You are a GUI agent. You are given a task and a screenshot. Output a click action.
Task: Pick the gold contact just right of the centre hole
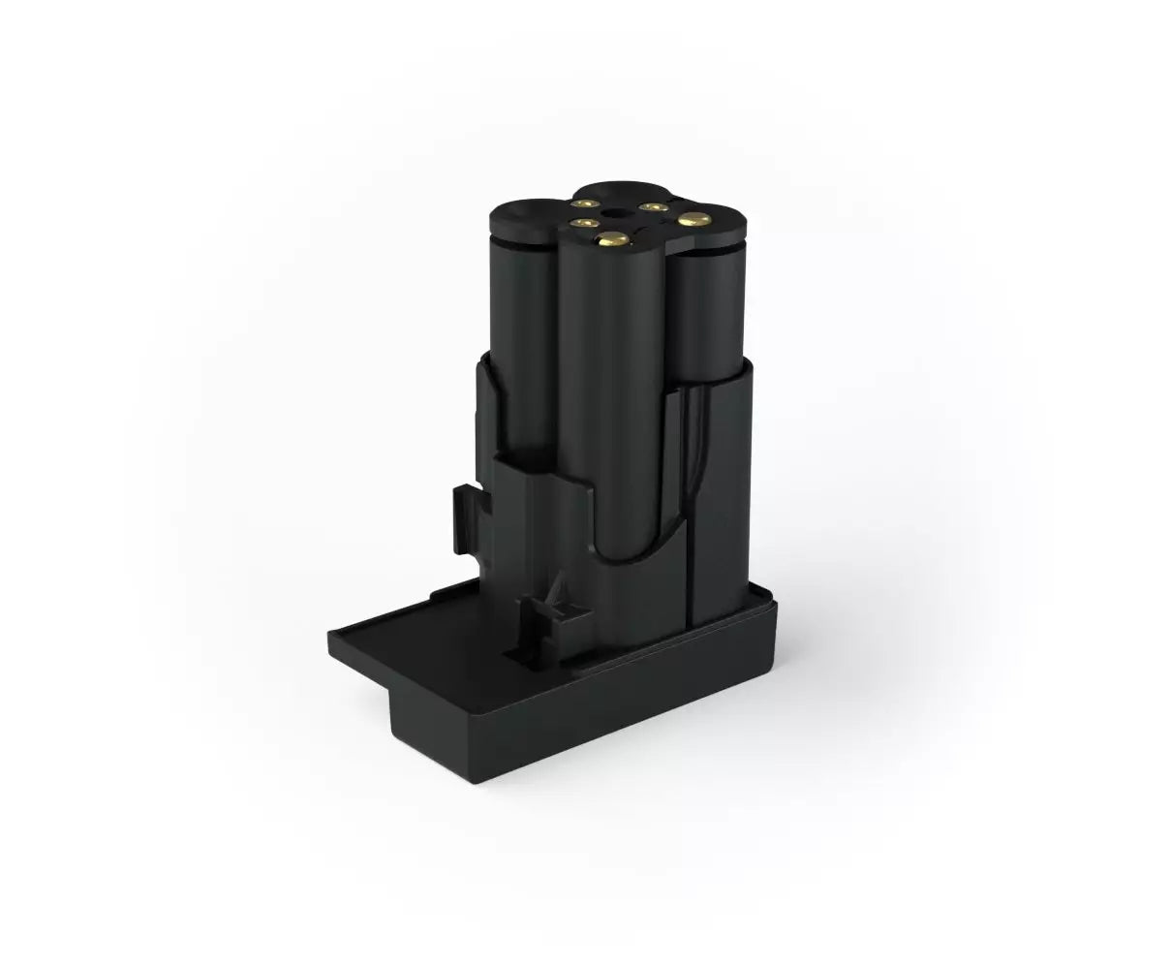tap(648, 206)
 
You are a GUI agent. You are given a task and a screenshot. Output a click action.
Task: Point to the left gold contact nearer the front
tap(580, 225)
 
